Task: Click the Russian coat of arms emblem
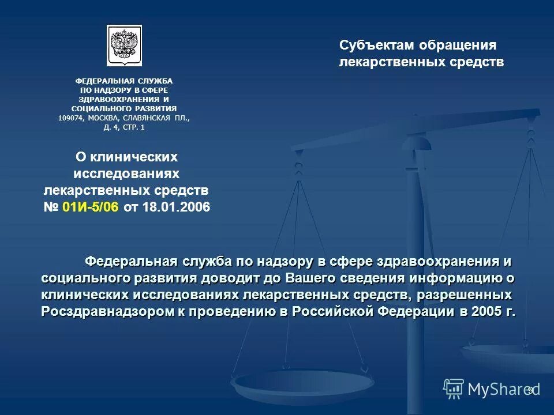point(124,46)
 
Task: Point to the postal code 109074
point(70,118)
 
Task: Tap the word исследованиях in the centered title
point(127,173)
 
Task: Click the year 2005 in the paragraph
point(482,311)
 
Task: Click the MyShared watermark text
point(501,389)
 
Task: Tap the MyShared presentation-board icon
point(454,389)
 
